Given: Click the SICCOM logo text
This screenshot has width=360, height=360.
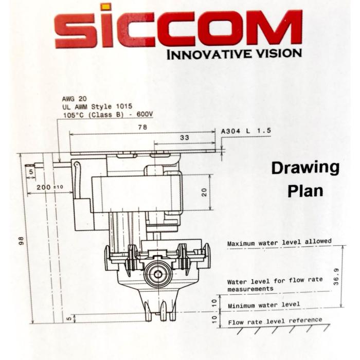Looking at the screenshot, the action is pyautogui.click(x=178, y=28).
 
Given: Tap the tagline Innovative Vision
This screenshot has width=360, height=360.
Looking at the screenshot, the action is pyautogui.click(x=234, y=54).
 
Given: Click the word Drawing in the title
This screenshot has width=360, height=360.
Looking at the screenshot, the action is pyautogui.click(x=305, y=169).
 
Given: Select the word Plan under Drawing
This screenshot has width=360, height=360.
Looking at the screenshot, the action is pyautogui.click(x=305, y=191).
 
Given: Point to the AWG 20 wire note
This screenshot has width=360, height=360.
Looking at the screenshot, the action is pyautogui.click(x=75, y=99).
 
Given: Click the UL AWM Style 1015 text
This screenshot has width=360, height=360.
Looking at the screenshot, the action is pyautogui.click(x=97, y=106).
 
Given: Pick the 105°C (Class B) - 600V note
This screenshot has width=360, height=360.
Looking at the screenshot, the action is pyautogui.click(x=108, y=115).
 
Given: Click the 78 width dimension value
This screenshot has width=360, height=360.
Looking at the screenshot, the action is pyautogui.click(x=142, y=127).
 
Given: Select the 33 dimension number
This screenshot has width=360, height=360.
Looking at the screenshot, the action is pyautogui.click(x=184, y=137).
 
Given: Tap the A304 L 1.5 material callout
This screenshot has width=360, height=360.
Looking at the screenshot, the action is pyautogui.click(x=246, y=131).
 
